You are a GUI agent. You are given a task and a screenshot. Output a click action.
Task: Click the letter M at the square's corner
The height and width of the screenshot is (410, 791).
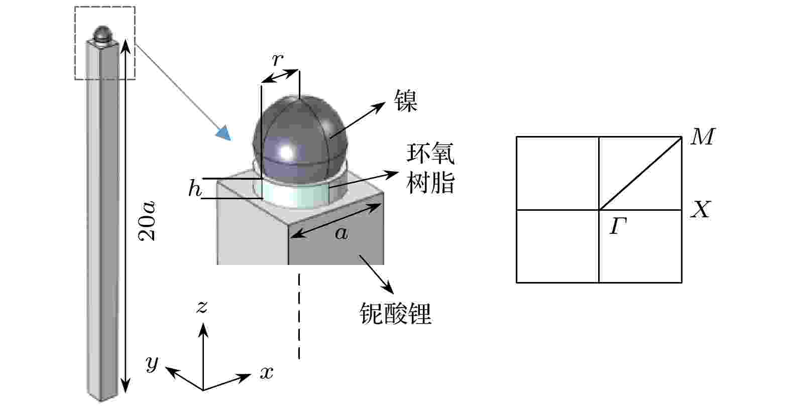[703, 136]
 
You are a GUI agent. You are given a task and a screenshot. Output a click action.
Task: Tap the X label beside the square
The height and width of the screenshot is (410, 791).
[701, 210]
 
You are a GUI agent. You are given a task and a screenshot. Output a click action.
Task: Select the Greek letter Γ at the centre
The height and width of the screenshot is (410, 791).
[618, 226]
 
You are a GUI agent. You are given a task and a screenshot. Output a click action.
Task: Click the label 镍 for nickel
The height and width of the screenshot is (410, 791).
[406, 100]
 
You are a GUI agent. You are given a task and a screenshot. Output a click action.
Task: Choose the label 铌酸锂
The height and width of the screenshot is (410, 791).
[396, 313]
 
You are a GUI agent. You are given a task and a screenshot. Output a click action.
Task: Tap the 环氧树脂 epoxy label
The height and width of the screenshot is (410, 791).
[430, 168]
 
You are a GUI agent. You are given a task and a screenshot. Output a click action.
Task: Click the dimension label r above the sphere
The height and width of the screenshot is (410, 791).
[278, 59]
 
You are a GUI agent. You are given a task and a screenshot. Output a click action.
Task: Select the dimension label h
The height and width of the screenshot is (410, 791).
[195, 188]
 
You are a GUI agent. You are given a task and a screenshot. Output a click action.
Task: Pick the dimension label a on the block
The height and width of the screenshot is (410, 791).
[341, 233]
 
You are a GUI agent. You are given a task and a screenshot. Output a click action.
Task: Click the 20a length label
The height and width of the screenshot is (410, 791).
[147, 221]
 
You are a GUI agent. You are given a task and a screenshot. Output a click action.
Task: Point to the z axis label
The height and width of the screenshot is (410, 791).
[201, 307]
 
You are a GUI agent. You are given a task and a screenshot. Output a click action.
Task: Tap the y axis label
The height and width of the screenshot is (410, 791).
[152, 363]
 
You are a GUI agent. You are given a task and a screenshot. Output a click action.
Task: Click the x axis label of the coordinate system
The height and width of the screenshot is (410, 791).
[267, 372]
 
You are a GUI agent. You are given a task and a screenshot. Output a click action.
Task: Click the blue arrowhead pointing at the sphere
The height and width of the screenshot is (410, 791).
[223, 133]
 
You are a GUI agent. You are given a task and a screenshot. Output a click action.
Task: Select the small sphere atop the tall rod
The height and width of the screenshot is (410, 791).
[103, 34]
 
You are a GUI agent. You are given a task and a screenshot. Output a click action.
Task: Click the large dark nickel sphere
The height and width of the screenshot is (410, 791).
[300, 140]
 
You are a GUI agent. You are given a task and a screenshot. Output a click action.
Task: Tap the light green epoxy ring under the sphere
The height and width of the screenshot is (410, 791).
[295, 196]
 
